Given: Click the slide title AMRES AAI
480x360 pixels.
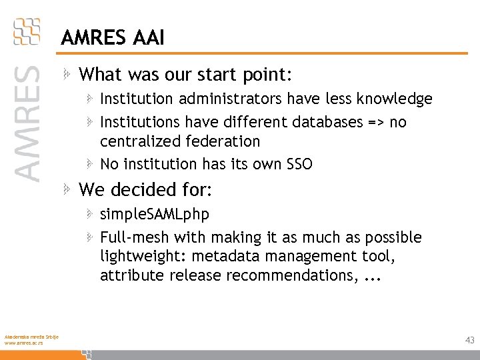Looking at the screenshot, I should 112,38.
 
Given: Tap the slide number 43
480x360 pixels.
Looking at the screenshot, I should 470,340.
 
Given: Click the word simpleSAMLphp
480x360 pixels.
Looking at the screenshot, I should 154,215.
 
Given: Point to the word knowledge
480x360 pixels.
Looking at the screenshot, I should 395,99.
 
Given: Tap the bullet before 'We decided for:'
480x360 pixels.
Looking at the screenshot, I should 67,190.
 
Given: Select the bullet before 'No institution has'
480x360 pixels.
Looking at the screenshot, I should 90,163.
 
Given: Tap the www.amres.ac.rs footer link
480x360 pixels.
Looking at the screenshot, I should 22,343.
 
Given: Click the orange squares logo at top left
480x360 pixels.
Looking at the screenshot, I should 27,31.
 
